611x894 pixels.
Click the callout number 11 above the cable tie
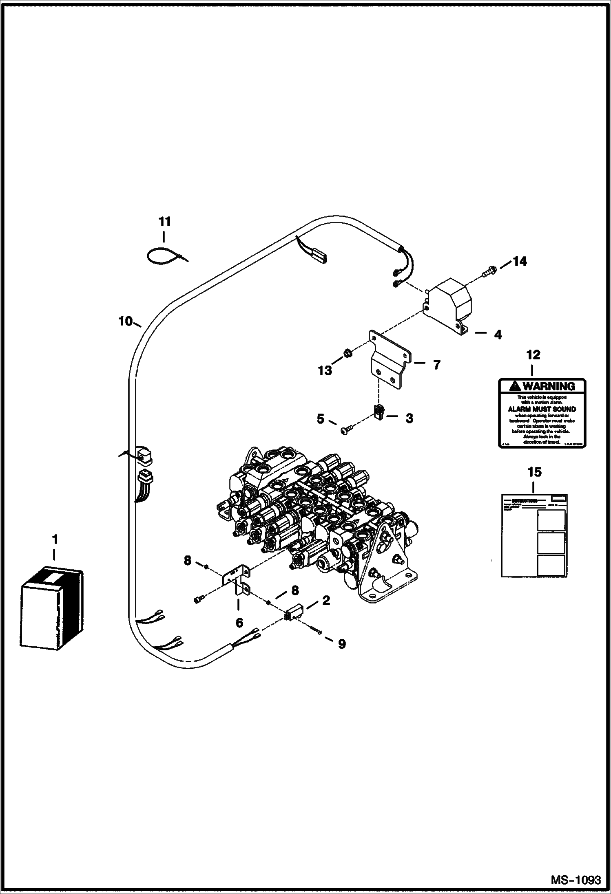164,222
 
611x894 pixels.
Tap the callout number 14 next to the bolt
520,261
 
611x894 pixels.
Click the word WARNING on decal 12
549,386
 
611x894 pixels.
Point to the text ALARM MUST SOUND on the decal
542,409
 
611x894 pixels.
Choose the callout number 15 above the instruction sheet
534,472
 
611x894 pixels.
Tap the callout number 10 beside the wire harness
126,321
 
